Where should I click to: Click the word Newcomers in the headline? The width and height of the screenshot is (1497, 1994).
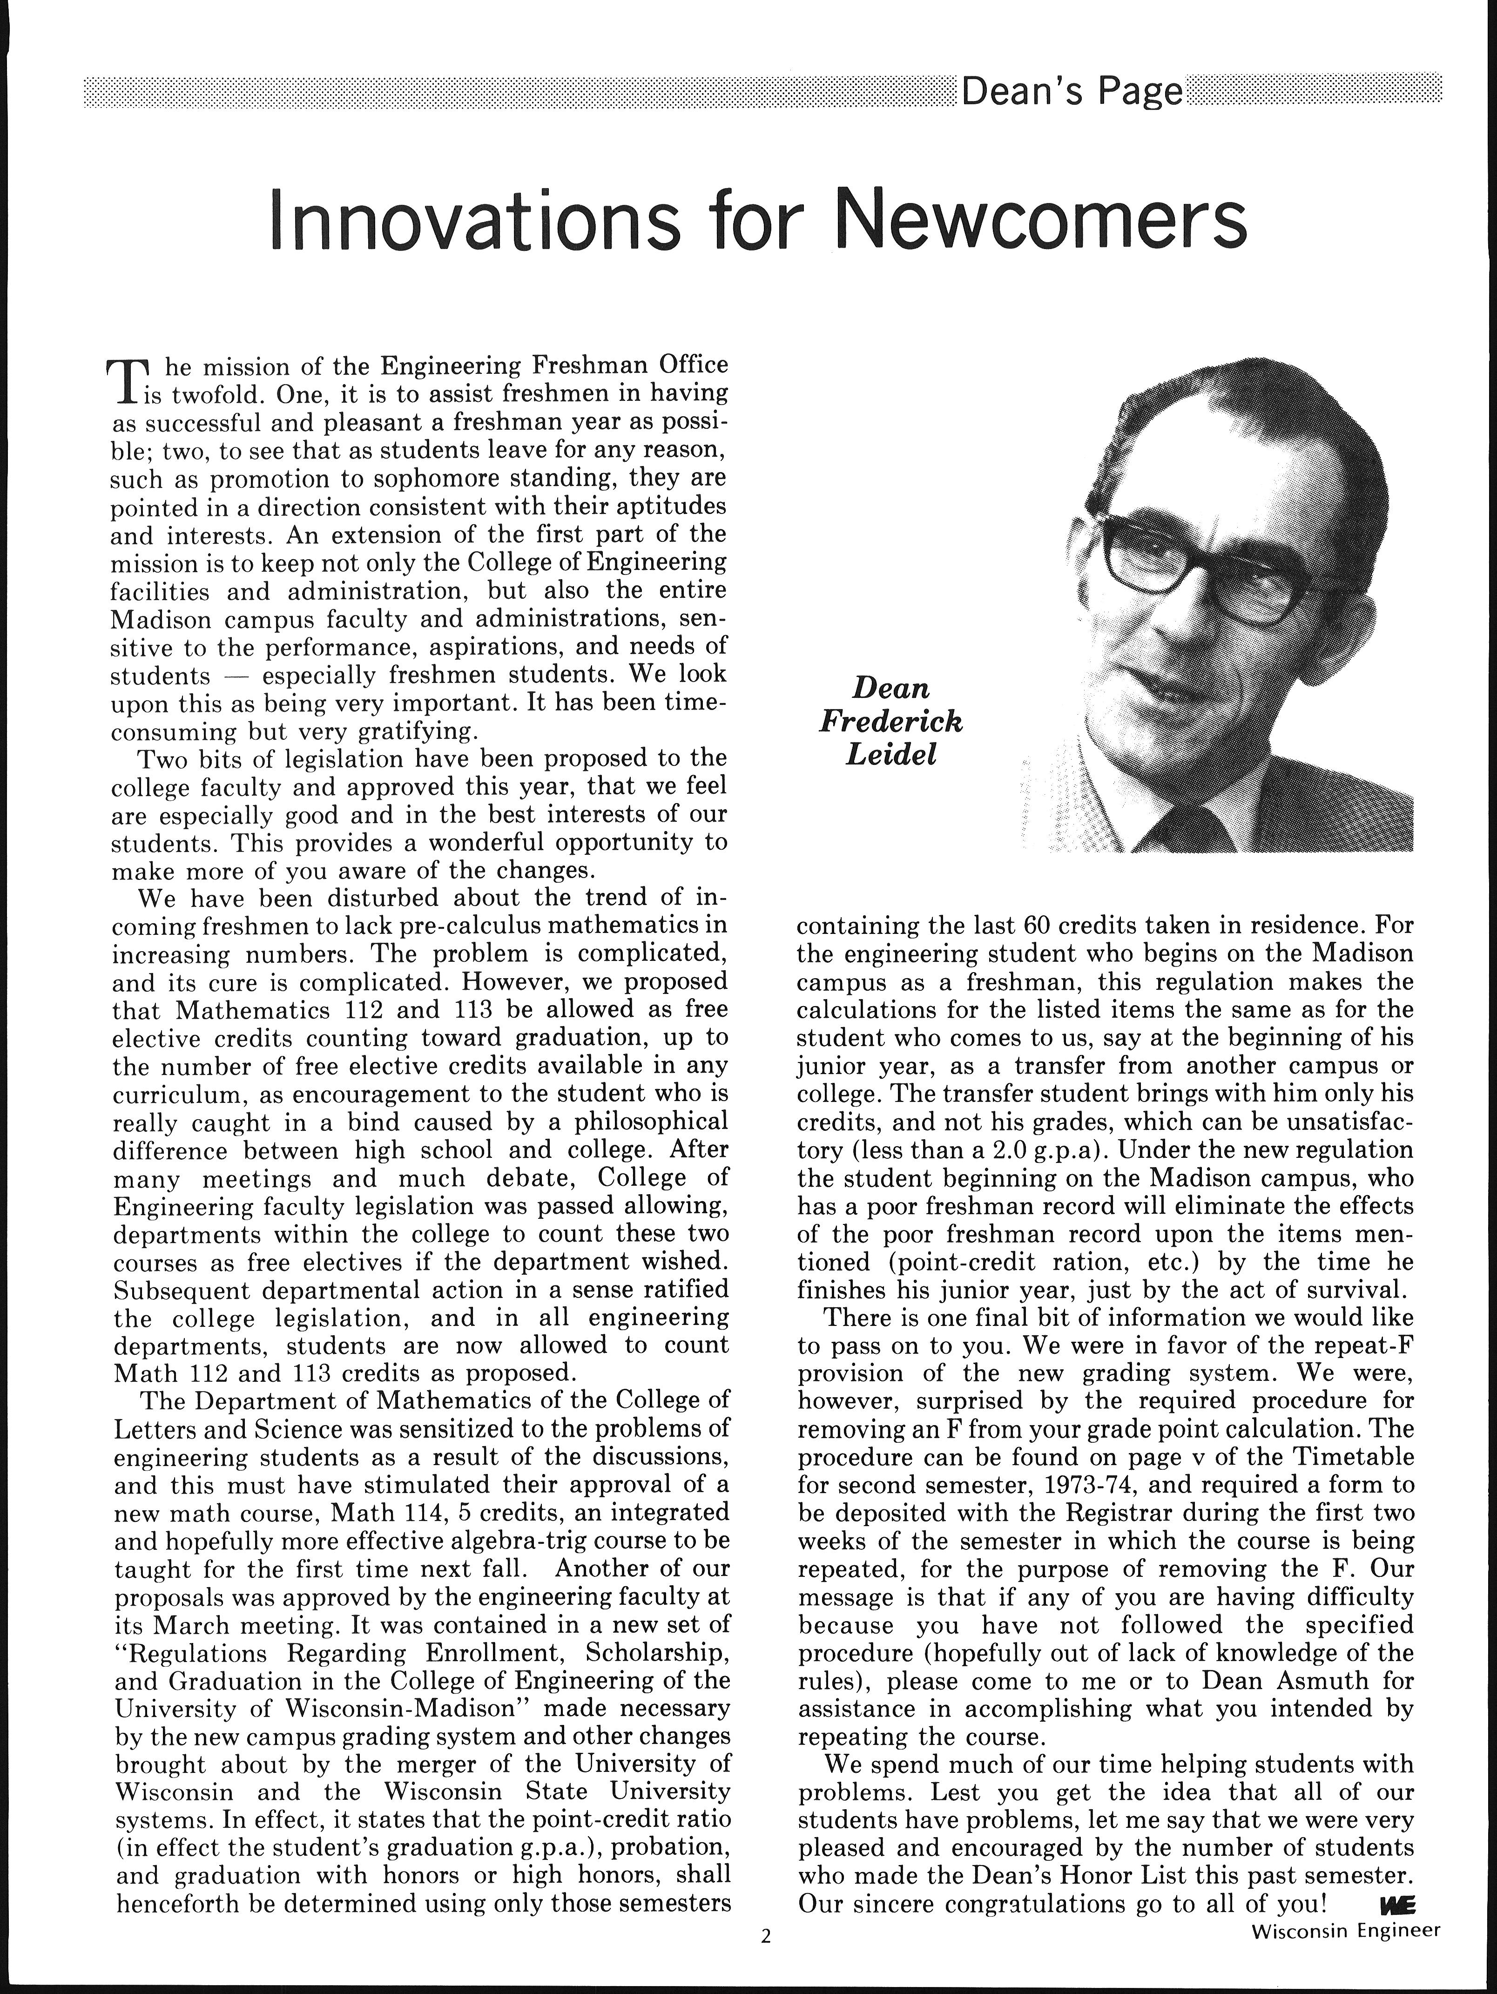click(1043, 220)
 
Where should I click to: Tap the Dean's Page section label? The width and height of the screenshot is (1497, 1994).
click(1072, 92)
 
